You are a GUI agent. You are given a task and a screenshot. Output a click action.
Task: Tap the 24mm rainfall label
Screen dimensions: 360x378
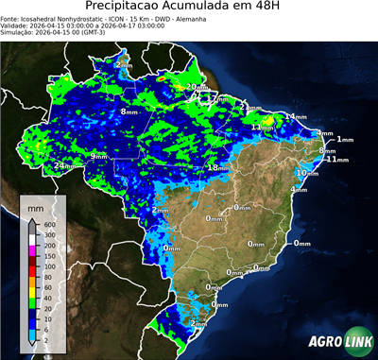(x=64, y=166)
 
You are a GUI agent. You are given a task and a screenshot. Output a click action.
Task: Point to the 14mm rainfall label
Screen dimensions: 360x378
(x=296, y=116)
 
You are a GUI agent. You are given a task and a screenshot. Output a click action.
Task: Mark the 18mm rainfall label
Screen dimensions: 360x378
(x=217, y=167)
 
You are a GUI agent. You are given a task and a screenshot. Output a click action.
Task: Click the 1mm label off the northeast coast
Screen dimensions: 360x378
(x=344, y=140)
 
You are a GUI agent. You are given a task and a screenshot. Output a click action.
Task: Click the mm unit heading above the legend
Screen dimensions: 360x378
(x=36, y=206)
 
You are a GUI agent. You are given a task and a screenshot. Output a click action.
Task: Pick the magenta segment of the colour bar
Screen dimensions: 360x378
(x=32, y=249)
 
